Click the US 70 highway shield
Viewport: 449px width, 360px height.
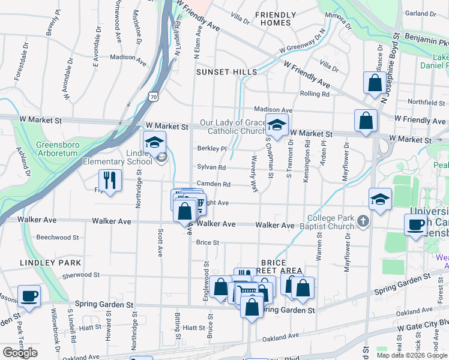click(x=154, y=96)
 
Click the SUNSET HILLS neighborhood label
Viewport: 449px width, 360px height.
click(x=227, y=72)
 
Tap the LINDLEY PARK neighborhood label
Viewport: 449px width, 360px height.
click(x=50, y=263)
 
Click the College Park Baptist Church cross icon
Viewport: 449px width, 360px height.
click(x=363, y=222)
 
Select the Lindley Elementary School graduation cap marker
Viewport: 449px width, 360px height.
click(x=154, y=143)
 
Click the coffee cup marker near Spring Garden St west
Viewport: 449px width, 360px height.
click(x=29, y=296)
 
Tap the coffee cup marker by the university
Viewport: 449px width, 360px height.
click(x=415, y=225)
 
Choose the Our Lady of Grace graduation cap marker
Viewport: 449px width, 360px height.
click(x=277, y=126)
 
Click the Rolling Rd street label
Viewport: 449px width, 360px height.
click(x=315, y=94)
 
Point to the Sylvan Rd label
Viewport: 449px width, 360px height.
click(x=211, y=167)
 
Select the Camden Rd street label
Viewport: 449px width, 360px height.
click(x=213, y=184)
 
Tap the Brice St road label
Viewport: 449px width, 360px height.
click(x=207, y=242)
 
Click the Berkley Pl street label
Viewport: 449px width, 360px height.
click(x=212, y=149)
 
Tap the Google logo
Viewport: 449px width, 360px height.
click(x=20, y=353)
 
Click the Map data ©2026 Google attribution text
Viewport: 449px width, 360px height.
click(x=411, y=355)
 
